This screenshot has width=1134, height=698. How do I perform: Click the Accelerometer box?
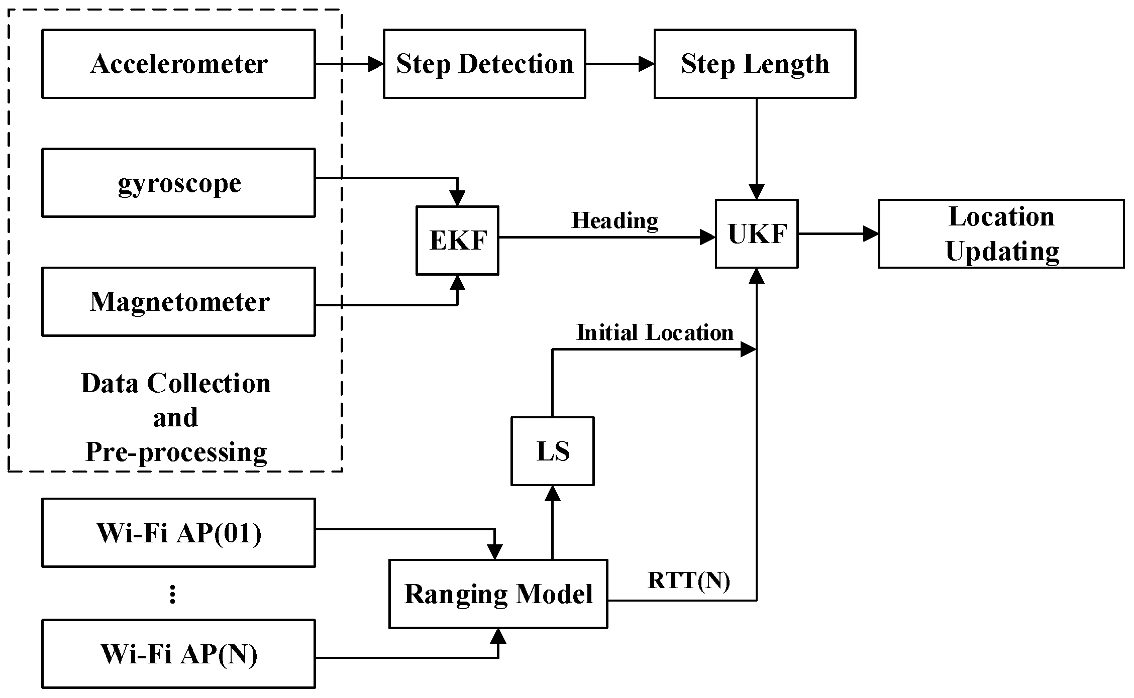(178, 64)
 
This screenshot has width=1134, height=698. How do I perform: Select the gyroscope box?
(178, 183)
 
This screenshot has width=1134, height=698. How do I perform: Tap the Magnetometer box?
(178, 302)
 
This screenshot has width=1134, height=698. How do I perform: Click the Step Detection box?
(484, 64)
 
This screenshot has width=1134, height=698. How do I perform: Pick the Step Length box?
(755, 64)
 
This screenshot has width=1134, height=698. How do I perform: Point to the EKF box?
(457, 241)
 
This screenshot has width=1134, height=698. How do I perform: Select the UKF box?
(757, 234)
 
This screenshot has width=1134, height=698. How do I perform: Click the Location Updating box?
(1001, 234)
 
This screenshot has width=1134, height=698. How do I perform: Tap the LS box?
(553, 451)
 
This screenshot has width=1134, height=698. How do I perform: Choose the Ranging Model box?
(498, 594)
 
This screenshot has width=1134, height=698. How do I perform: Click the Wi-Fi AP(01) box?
(178, 533)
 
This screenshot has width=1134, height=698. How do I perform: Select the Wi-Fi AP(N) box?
(178, 654)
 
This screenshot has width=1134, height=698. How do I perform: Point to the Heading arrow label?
(614, 220)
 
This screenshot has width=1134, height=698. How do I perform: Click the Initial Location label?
(654, 332)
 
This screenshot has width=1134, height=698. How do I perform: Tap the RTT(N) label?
(688, 580)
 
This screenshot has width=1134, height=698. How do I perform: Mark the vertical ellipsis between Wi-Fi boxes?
(173, 595)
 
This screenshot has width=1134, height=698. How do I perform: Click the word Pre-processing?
(176, 452)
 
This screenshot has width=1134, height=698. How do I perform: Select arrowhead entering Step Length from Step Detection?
(646, 64)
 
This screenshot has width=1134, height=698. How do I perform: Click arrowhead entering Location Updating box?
(870, 234)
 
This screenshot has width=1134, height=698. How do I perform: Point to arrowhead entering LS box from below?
(553, 493)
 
